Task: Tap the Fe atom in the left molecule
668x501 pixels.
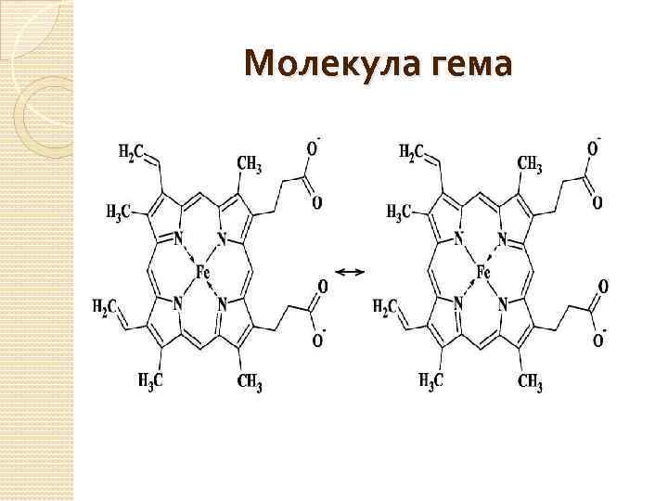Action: point(204,272)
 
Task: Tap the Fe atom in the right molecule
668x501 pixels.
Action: point(483,272)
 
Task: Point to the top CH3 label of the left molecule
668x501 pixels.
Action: point(250,164)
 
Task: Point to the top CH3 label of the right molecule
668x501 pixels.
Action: point(530,164)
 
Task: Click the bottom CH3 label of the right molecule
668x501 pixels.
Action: point(531,381)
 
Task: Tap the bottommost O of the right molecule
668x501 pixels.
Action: point(597,340)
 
